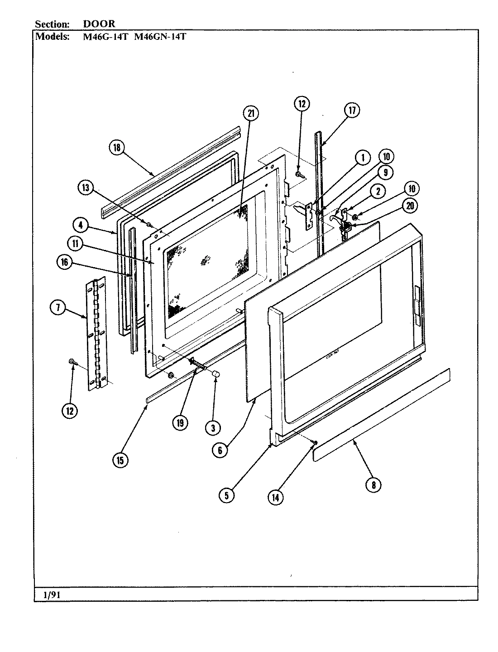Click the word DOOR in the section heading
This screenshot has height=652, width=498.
(99, 24)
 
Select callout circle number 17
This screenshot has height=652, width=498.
(352, 110)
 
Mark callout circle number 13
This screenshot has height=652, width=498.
(85, 187)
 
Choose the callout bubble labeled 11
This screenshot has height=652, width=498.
(75, 244)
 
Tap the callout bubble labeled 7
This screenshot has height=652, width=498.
(57, 308)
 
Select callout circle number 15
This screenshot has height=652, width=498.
(121, 460)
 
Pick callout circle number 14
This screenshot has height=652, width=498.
(275, 497)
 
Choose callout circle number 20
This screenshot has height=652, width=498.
(410, 206)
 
